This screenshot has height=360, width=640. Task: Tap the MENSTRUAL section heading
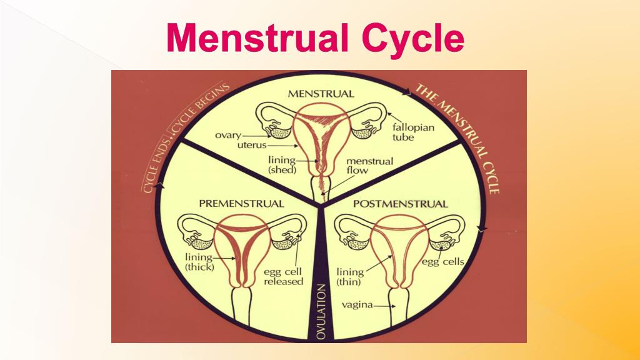320,94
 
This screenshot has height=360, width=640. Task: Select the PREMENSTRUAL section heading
241,204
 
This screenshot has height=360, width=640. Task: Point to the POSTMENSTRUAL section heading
400,204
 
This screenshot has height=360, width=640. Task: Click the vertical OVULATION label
321,312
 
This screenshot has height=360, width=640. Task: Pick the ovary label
228,135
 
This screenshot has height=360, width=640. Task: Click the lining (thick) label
199,262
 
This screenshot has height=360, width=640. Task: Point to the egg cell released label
282,276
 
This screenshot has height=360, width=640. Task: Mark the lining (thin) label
349,277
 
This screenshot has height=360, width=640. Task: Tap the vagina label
357,305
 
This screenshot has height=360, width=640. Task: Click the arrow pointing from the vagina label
384,306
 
